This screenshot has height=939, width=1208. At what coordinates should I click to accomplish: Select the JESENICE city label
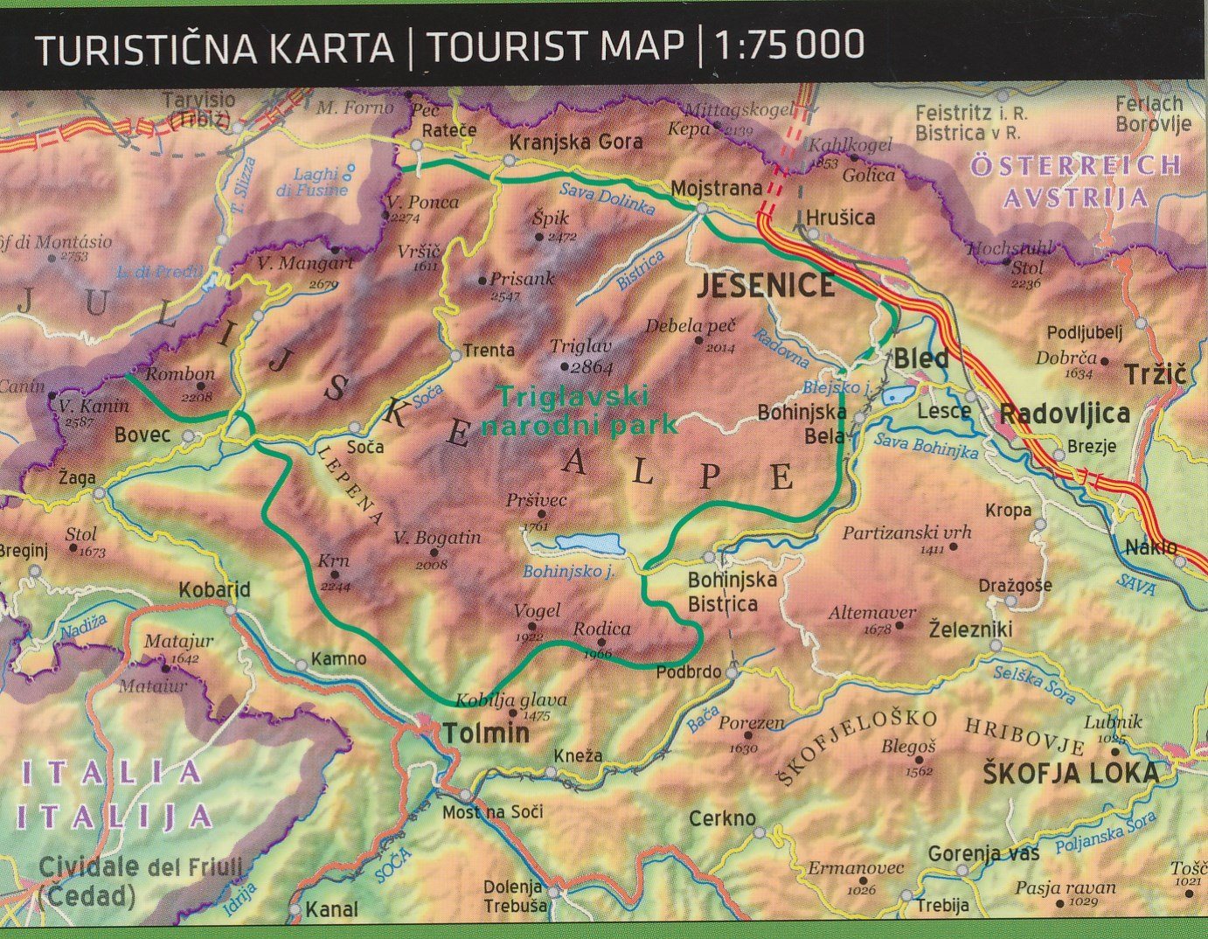click(765, 286)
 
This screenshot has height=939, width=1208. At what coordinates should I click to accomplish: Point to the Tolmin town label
click(486, 733)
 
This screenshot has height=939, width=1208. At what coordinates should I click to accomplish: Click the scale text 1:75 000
click(790, 45)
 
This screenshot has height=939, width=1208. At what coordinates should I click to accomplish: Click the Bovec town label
click(142, 435)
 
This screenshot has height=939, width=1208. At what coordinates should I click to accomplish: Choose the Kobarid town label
click(214, 590)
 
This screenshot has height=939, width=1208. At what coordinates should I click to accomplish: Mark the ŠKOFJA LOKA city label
click(1071, 773)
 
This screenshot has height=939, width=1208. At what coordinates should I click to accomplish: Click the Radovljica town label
click(1064, 414)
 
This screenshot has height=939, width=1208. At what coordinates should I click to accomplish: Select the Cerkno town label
click(722, 819)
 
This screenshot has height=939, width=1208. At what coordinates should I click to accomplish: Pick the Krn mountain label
click(333, 561)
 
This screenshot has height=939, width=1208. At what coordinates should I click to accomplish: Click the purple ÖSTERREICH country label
click(1076, 165)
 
